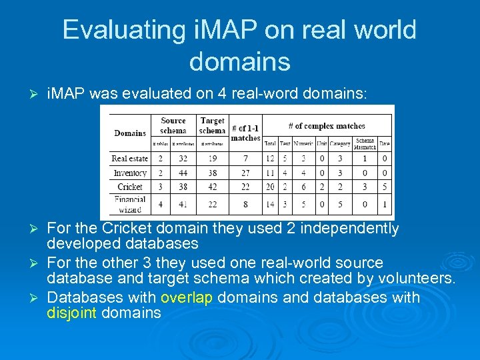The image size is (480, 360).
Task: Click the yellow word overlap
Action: [186, 297]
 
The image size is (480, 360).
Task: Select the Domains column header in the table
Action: [130, 133]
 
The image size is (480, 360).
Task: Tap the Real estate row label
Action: [129, 159]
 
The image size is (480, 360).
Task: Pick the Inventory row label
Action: [130, 173]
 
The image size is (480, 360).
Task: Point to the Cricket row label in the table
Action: [130, 187]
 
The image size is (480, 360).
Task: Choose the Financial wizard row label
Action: [130, 204]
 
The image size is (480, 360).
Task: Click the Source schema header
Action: [173, 125]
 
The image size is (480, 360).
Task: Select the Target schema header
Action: [212, 125]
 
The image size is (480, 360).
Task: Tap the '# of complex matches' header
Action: [327, 125]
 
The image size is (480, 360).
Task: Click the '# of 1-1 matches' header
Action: [245, 133]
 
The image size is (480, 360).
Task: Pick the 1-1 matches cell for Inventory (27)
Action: [245, 173]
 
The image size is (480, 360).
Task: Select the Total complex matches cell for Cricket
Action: [270, 187]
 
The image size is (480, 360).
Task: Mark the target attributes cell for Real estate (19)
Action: [212, 159]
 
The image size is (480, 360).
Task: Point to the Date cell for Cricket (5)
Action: [384, 187]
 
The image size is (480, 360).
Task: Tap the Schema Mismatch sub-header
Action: [365, 143]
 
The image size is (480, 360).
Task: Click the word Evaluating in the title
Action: [124, 31]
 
